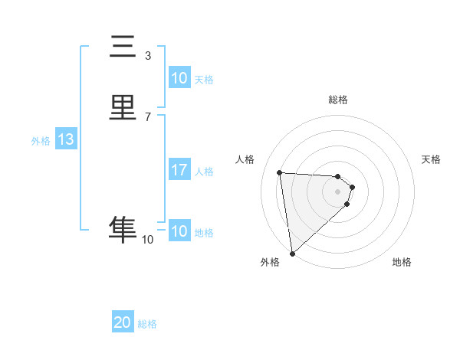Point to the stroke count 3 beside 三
coord(148,55)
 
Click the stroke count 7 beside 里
coord(148,116)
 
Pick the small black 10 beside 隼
coord(148,240)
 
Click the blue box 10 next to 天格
coord(179,78)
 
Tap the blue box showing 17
coord(179,170)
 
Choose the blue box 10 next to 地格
coord(179,231)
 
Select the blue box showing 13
coord(65,139)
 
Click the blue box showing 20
coord(123,322)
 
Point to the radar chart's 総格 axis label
coord(338,100)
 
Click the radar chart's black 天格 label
coord(432,159)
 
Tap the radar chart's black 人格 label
coord(245,159)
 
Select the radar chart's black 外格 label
coord(270,262)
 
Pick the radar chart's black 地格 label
coord(402,262)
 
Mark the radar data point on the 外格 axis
coord(291,253)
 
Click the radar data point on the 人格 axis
coord(280,172)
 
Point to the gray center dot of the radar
coord(338,191)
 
